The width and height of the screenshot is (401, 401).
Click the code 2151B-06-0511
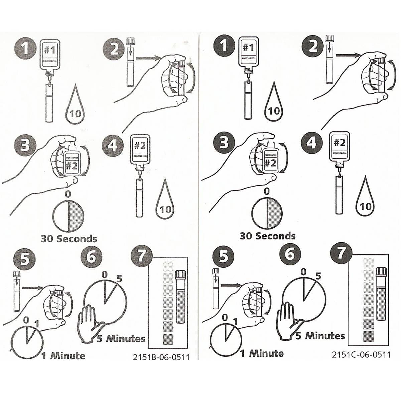click(161, 357)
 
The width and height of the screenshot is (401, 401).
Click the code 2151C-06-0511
click(361, 354)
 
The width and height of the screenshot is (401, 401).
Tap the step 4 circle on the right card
click(312, 143)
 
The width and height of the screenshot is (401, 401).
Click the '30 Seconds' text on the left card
click(69, 239)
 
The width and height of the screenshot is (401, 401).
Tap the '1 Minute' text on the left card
click(63, 355)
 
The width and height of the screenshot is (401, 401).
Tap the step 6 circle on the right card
click(290, 254)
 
